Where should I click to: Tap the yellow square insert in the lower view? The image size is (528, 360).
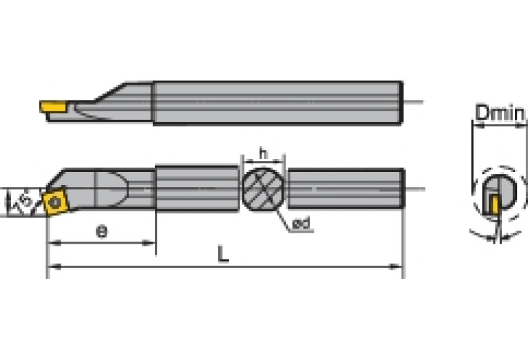click(53, 202)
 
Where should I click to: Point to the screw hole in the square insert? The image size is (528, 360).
click(53, 202)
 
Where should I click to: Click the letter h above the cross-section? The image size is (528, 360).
click(262, 151)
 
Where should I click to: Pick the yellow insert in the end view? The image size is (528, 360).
click(494, 205)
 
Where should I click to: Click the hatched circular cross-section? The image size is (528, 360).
click(262, 187)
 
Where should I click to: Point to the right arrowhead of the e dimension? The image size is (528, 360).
click(151, 242)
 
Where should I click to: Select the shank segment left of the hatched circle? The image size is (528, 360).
click(197, 187)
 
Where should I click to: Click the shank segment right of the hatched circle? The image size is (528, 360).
click(344, 187)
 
